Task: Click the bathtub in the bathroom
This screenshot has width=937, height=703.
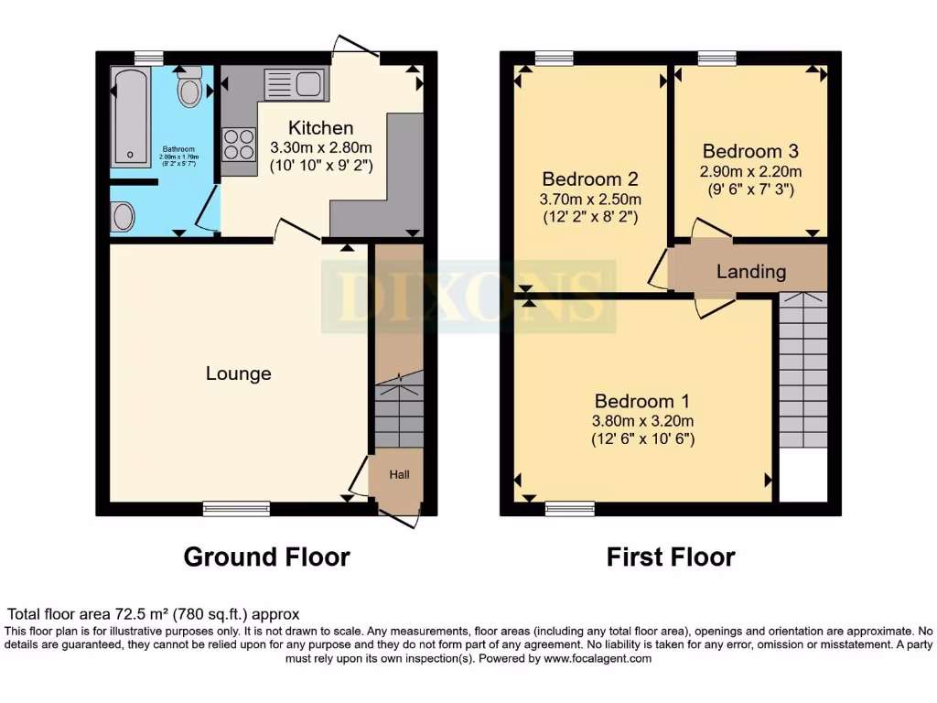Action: click(131, 117)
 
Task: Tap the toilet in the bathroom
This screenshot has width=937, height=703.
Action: click(189, 88)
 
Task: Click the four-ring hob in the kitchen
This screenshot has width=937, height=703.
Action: click(239, 145)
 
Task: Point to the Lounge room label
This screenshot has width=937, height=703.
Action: click(238, 373)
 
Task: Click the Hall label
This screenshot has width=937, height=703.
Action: click(399, 475)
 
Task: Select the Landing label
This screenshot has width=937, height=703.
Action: click(750, 271)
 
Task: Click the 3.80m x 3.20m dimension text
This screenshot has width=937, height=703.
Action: click(642, 421)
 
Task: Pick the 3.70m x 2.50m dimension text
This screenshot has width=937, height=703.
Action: click(590, 199)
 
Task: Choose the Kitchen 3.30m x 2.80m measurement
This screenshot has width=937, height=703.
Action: click(320, 147)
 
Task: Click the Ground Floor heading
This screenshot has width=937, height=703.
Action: click(266, 557)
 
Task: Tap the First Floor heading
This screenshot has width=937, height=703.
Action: click(671, 557)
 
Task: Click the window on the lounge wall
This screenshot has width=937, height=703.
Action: click(236, 508)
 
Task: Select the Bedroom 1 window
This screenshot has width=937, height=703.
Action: click(569, 508)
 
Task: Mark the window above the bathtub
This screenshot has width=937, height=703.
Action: click(147, 57)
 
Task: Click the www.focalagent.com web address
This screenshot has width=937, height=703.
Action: click(598, 658)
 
